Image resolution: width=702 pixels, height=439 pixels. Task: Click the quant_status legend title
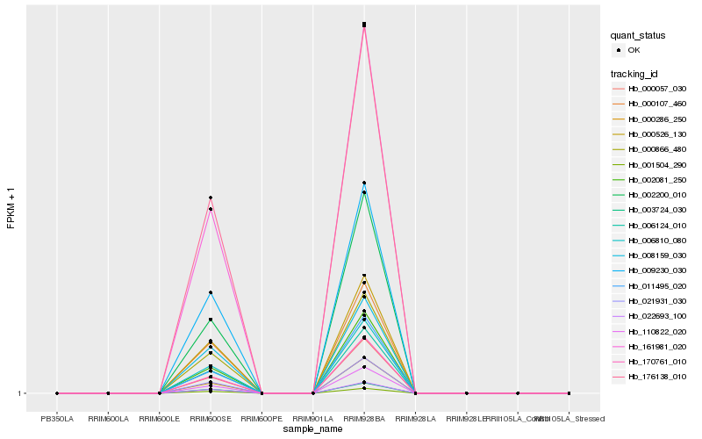coord(639,35)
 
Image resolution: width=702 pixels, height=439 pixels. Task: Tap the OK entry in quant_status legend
coord(633,50)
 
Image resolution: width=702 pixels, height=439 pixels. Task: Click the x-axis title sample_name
coord(312,429)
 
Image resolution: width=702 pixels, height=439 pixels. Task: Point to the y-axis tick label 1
coord(20,393)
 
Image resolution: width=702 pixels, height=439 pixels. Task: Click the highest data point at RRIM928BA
coord(363,24)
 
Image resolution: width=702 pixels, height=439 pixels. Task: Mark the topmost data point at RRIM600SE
coord(211,198)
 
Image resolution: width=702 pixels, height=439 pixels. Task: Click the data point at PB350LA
coord(57,393)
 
